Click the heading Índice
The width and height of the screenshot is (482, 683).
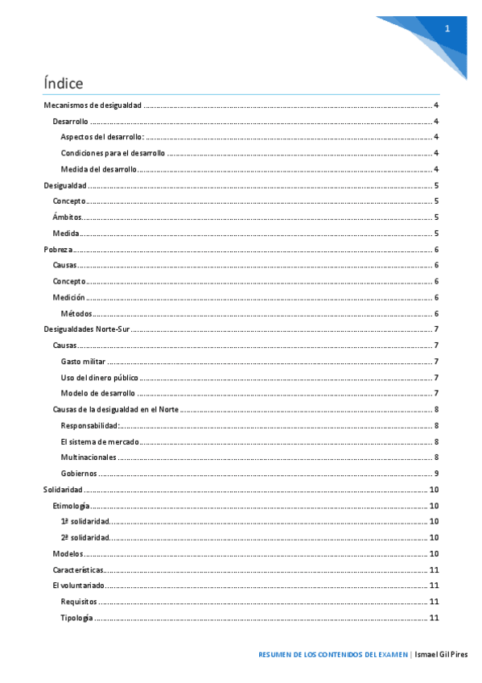64,83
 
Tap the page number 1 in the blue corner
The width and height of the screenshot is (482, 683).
447,29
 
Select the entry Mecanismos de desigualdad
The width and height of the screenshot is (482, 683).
93,106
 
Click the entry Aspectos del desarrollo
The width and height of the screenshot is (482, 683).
102,138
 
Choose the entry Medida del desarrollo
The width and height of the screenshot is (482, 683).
98,169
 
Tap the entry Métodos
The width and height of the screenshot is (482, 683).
76,313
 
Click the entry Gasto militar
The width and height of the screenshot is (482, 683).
84,362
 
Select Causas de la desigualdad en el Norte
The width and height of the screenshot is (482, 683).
115,409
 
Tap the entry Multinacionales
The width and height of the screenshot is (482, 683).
89,457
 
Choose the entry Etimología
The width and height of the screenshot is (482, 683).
70,506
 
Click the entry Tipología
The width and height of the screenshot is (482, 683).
76,618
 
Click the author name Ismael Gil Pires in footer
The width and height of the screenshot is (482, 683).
442,654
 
